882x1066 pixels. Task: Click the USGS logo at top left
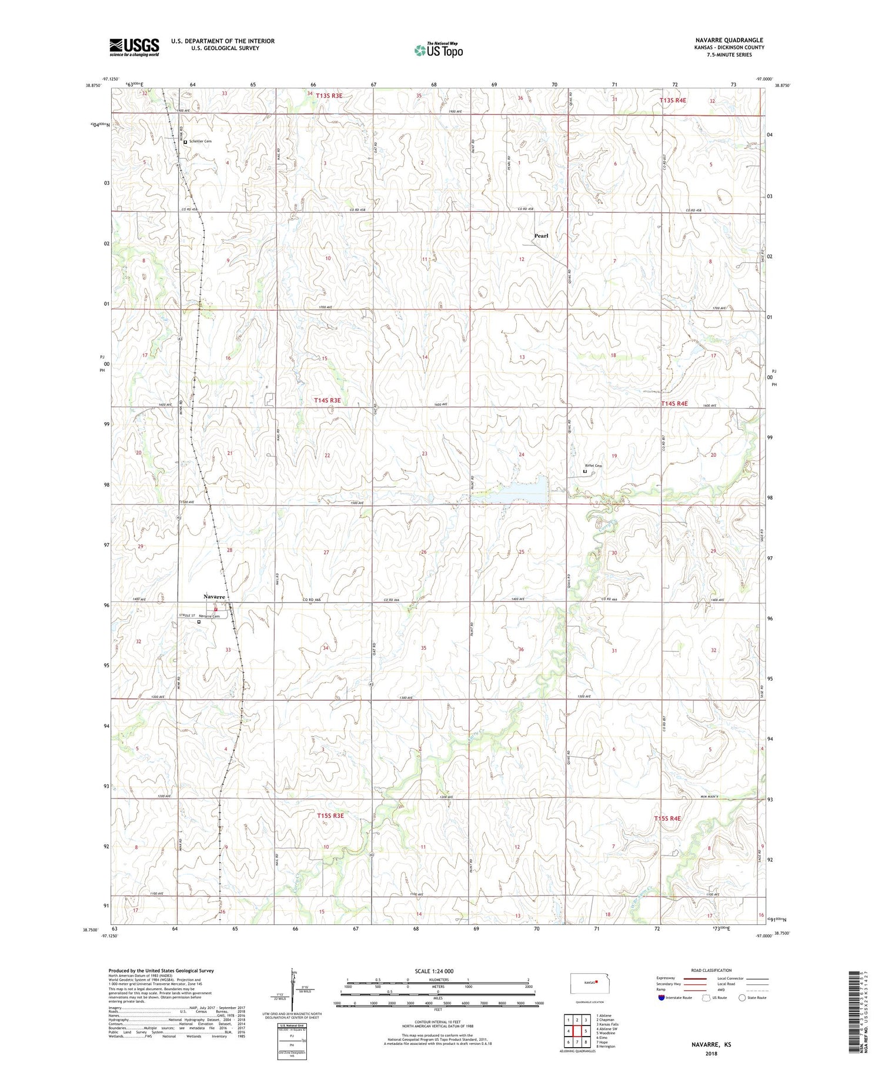pos(134,47)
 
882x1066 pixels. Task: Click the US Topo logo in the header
pos(438,51)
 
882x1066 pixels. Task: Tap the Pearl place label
pos(541,236)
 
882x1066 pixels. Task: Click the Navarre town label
pos(214,597)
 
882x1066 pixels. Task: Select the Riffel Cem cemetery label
pos(593,466)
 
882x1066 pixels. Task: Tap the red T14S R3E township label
pos(328,400)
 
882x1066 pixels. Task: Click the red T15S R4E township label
pos(667,818)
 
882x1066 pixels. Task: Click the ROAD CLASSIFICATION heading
pos(711,970)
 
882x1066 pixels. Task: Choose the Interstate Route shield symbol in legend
pos(661,998)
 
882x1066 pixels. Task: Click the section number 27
pos(326,553)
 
